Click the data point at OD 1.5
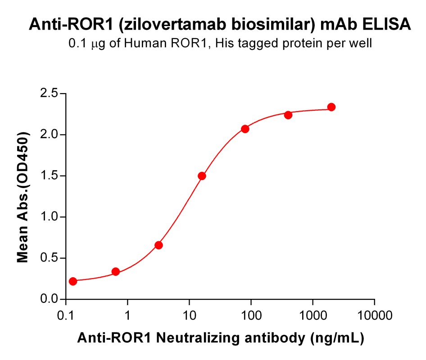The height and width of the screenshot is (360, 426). (202, 176)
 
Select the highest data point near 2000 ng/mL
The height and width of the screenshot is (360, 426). (331, 107)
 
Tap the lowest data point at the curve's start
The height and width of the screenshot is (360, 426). (73, 281)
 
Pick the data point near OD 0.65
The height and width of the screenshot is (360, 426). (159, 245)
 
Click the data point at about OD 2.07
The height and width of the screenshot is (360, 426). (245, 129)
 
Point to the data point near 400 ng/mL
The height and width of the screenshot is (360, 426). (288, 115)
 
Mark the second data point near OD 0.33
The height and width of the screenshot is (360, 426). (116, 272)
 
